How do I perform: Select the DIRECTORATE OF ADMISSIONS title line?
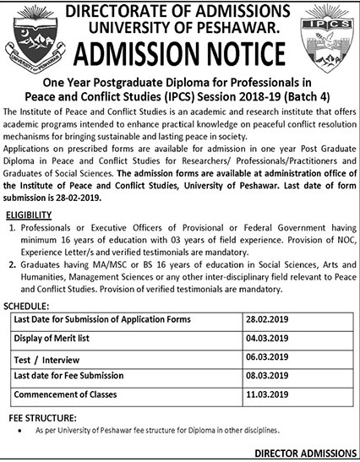click(x=180, y=10)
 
